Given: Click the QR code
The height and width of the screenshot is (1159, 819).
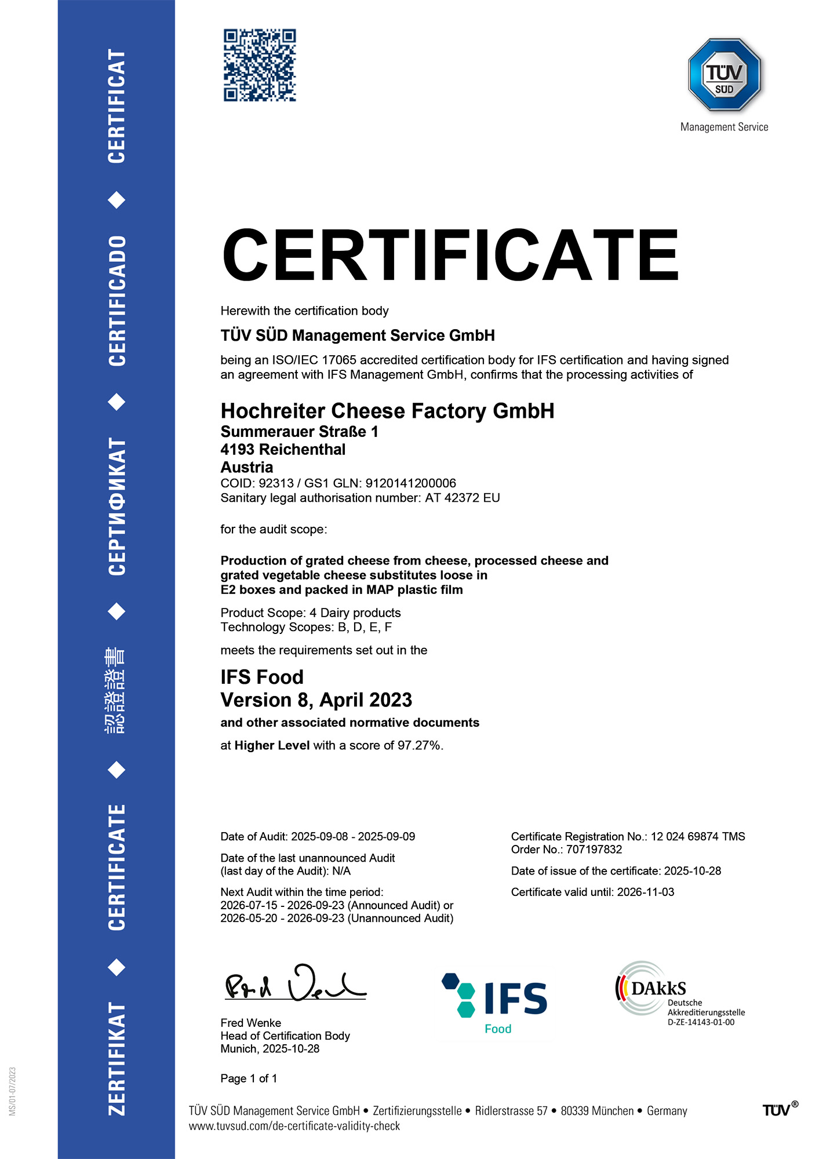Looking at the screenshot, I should pyautogui.click(x=260, y=65).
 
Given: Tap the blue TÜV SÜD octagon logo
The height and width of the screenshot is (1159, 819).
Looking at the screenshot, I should pyautogui.click(x=724, y=75).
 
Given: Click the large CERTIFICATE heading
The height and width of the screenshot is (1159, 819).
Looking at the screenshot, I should pyautogui.click(x=450, y=256).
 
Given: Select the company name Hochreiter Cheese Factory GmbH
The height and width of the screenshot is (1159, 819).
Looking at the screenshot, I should pyautogui.click(x=387, y=411).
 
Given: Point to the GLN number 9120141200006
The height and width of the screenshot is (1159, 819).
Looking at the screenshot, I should pyautogui.click(x=410, y=483).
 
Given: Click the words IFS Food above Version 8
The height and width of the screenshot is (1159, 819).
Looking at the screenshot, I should pyautogui.click(x=262, y=677).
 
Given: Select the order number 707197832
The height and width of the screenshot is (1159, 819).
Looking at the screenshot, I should pyautogui.click(x=594, y=850).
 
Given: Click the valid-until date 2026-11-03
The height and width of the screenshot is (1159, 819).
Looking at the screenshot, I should pyautogui.click(x=645, y=892).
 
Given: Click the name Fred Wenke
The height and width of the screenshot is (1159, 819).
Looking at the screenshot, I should pyautogui.click(x=250, y=1023).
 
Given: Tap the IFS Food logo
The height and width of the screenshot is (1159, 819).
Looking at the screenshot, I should pyautogui.click(x=496, y=1003).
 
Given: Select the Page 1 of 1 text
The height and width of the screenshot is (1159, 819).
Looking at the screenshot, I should pyautogui.click(x=249, y=1078).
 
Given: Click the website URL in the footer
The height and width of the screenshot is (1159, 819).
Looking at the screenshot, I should pyautogui.click(x=294, y=1126).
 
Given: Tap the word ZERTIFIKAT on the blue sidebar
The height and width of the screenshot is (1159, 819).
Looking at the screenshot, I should pyautogui.click(x=117, y=1058).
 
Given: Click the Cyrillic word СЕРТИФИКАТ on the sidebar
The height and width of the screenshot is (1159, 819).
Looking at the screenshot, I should pyautogui.click(x=117, y=506).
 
